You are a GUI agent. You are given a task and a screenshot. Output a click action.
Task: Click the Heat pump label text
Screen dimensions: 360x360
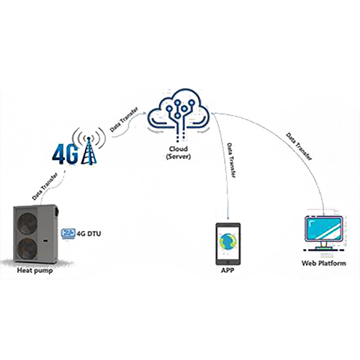click(35, 271)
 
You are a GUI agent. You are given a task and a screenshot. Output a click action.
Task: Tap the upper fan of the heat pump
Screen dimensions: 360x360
click(28, 224)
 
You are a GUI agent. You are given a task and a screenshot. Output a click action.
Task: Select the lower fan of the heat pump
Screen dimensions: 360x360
click(28, 248)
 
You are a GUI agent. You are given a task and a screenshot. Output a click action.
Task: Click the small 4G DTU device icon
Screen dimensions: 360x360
click(68, 233)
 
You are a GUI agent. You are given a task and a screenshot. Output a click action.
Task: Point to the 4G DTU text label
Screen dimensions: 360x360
click(89, 233)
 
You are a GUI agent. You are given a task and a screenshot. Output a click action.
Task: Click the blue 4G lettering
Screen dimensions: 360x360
click(66, 154)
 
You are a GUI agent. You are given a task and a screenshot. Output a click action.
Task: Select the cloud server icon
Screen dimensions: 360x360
click(179, 113)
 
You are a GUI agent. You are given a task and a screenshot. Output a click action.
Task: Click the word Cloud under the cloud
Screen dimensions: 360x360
click(178, 149)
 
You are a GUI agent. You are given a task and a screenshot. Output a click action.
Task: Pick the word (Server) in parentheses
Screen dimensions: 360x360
click(179, 157)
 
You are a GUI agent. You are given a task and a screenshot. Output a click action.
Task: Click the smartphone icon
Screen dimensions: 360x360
click(228, 243)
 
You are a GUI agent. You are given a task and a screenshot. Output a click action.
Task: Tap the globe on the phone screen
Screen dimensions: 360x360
click(228, 240)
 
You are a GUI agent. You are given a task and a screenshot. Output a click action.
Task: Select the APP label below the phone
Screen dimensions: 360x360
click(228, 271)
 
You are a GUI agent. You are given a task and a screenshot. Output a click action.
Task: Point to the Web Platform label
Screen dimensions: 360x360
click(324, 264)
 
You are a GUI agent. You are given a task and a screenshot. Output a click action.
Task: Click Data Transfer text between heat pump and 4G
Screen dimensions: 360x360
click(45, 186)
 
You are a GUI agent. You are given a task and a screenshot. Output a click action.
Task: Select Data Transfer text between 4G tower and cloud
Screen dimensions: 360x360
click(124, 120)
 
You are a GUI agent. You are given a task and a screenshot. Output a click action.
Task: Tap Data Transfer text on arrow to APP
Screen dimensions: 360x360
click(230, 161)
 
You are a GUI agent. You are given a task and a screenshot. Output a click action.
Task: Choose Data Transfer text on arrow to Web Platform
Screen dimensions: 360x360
click(299, 146)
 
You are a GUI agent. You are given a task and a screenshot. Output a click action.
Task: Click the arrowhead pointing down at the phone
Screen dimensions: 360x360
click(228, 217)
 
